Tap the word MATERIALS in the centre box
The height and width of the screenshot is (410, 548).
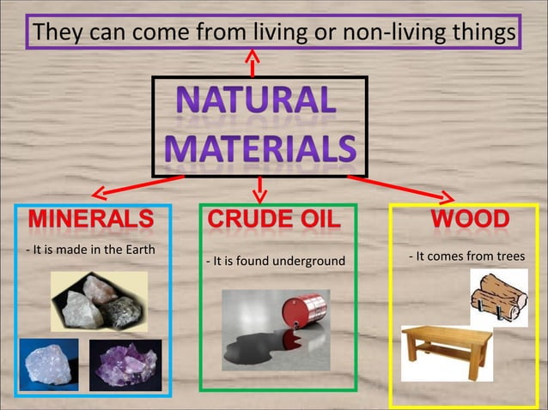click(259, 148)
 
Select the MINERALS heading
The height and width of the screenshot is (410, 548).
click(92, 220)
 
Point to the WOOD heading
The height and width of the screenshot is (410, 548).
click(470, 219)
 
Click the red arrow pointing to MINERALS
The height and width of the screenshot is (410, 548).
click(137, 185)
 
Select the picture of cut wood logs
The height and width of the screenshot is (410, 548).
click(498, 296)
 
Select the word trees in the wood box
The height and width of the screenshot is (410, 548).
click(508, 256)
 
